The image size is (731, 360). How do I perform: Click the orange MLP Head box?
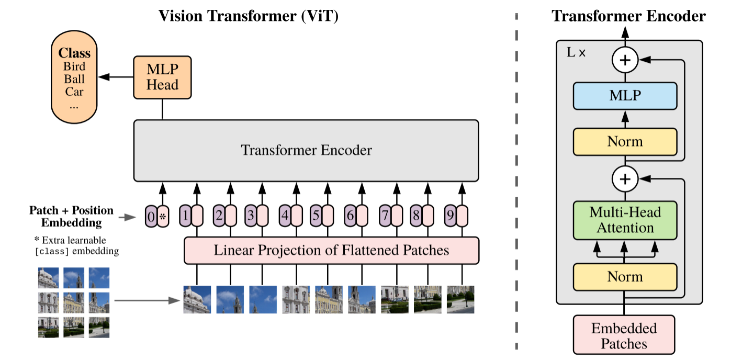162,77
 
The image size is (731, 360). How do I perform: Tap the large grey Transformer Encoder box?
306,151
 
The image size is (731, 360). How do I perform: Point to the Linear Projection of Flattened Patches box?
331,250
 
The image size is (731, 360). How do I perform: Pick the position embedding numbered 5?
316,216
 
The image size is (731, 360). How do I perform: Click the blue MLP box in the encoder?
625,95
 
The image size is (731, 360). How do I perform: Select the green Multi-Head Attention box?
625,220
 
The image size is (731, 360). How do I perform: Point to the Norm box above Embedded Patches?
625,276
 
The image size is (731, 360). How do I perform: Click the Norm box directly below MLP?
625,141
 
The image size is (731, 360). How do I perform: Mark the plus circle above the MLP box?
624,61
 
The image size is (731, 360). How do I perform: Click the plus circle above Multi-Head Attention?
624,179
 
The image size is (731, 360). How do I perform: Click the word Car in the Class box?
74,92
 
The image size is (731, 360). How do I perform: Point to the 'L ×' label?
576,53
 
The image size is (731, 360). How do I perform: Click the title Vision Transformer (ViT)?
249,16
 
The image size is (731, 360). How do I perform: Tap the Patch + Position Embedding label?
71,216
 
